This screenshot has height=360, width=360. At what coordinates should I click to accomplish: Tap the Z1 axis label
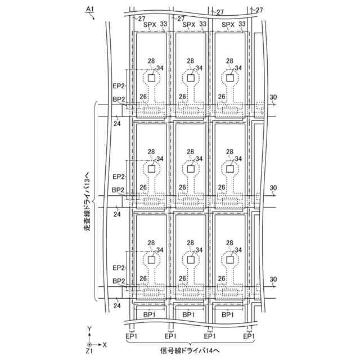pyautogui.click(x=89, y=350)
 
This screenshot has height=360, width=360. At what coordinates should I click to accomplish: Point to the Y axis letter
pyautogui.click(x=89, y=328)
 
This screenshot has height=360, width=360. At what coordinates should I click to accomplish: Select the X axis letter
pyautogui.click(x=106, y=344)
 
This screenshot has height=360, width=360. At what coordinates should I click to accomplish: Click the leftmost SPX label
pyautogui.click(x=150, y=25)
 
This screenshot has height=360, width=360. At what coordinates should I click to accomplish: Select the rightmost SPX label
pyautogui.click(x=228, y=25)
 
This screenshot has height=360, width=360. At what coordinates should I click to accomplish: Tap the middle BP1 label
pyautogui.click(x=189, y=314)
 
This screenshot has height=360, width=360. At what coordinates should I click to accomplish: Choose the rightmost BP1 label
pyautogui.click(x=228, y=314)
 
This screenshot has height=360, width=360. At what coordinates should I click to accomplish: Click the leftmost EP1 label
pyautogui.click(x=131, y=336)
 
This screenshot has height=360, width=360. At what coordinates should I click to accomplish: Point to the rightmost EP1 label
pyautogui.click(x=249, y=336)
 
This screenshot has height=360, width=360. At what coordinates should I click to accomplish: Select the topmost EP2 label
pyautogui.click(x=118, y=86)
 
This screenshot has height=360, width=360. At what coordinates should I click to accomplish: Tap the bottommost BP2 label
pyautogui.click(x=118, y=281)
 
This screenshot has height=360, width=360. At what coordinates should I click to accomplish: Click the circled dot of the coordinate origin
pyautogui.click(x=89, y=344)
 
